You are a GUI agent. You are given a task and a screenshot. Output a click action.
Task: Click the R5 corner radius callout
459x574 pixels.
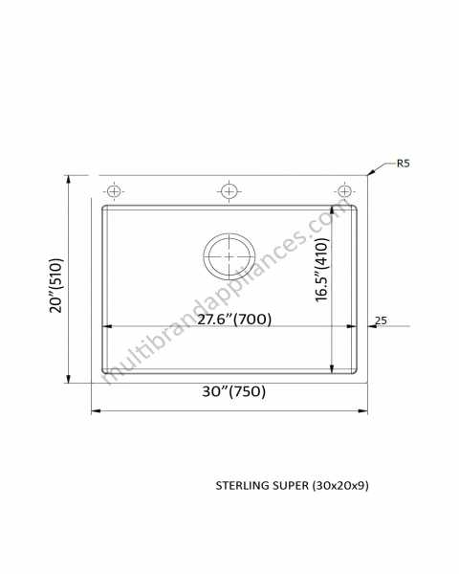click(403, 164)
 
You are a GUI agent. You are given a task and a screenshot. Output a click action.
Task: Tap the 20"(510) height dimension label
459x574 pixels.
click(56, 285)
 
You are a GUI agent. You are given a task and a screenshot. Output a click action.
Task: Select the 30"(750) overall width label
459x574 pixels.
click(234, 391)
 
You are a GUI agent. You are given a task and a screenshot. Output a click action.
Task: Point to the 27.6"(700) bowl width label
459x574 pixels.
click(234, 320)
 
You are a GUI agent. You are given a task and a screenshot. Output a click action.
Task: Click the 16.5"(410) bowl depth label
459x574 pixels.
click(322, 270)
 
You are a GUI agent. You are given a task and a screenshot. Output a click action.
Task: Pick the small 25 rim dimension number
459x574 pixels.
click(381, 320)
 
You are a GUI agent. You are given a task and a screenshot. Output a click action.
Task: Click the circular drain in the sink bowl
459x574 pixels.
click(229, 256)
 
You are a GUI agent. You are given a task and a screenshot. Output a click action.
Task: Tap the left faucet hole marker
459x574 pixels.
click(114, 191)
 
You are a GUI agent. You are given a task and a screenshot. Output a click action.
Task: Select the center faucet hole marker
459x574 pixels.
click(229, 191)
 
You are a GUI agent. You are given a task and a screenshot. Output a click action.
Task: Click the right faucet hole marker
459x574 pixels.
click(344, 191)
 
